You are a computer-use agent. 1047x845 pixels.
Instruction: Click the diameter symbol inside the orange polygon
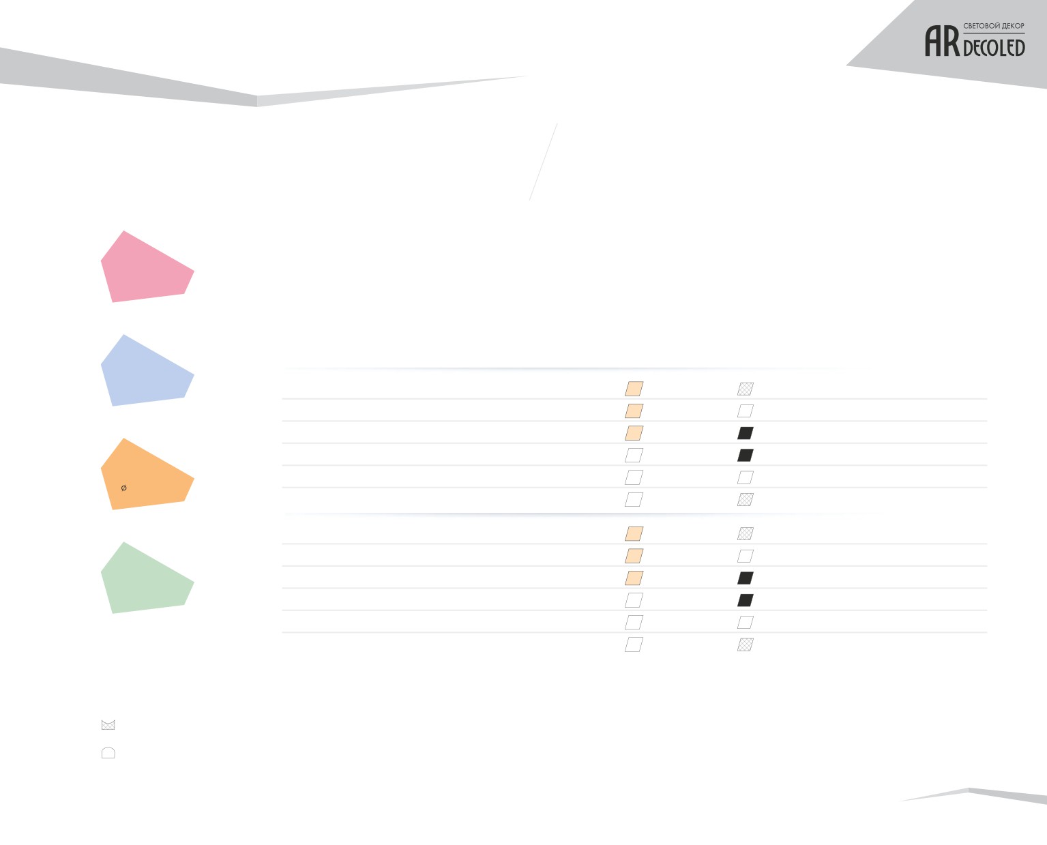click(124, 488)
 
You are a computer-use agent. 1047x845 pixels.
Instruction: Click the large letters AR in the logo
click(942, 42)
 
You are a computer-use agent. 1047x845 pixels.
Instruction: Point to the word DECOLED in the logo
click(994, 48)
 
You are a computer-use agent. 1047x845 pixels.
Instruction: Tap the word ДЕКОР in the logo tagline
click(1011, 25)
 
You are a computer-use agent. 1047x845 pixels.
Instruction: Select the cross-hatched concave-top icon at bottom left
click(108, 725)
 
